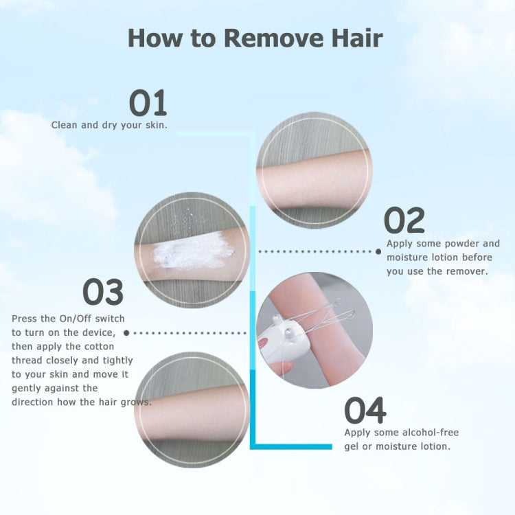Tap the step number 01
pyautogui.click(x=148, y=103)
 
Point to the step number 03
pyautogui.click(x=103, y=292)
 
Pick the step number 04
pyautogui.click(x=365, y=411)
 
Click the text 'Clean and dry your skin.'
pyautogui.click(x=109, y=125)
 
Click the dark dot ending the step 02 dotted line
pyautogui.click(x=378, y=251)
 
